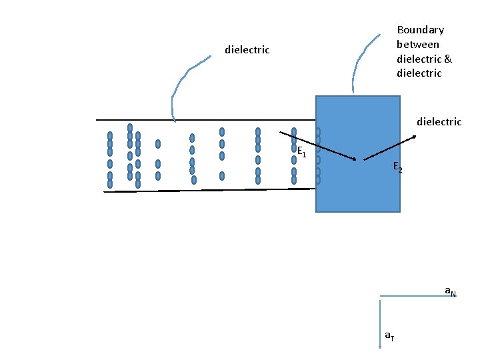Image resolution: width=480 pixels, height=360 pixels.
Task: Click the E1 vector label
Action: [x=301, y=151]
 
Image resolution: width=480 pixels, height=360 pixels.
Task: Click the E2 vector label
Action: [x=397, y=167]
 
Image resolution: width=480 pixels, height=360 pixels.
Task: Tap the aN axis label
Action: [x=451, y=291]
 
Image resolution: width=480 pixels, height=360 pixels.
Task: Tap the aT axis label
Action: [x=389, y=336]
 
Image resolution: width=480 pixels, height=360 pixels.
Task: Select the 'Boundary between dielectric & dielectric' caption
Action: [x=424, y=51]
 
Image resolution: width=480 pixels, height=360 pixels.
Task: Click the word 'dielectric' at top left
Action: [x=247, y=50]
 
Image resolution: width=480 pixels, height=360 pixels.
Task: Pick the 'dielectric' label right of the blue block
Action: [x=439, y=121]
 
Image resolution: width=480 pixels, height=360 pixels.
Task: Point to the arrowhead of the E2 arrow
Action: [x=415, y=137]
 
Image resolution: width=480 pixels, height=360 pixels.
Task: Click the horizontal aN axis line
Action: [x=413, y=295]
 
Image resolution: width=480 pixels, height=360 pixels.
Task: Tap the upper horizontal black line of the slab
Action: [x=200, y=120]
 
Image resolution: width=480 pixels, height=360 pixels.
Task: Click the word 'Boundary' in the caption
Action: [x=420, y=30]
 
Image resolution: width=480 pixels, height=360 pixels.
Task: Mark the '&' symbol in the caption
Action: [x=447, y=59]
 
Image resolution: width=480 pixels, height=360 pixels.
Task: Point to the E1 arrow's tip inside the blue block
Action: [x=355, y=159]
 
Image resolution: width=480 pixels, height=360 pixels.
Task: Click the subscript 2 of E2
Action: [x=400, y=171]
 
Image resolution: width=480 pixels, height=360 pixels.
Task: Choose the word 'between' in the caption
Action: [x=418, y=44]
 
